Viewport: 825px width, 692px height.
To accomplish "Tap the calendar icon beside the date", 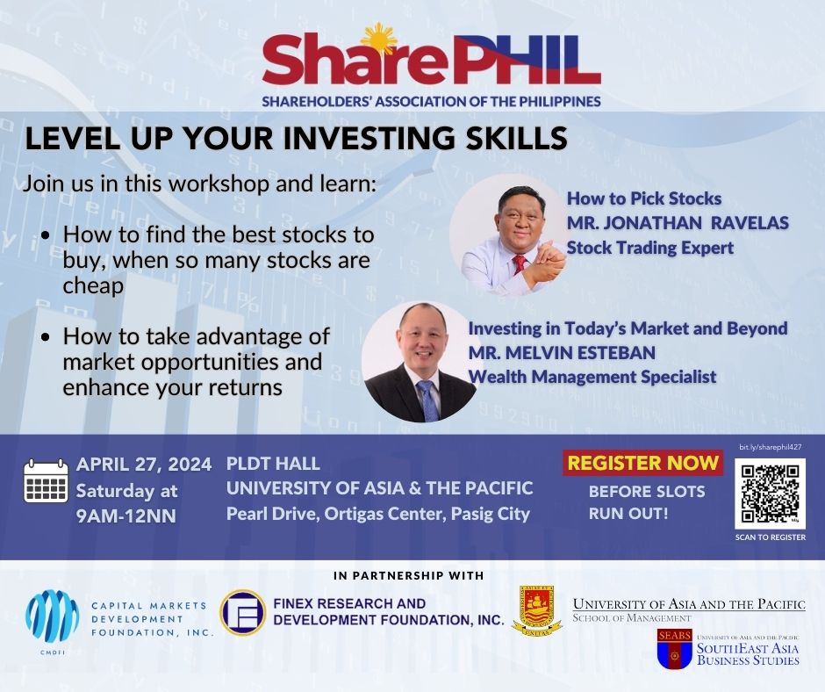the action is [47, 481].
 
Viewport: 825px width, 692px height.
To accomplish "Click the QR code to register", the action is [770, 494].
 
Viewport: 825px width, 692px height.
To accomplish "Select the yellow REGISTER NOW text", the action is [643, 463].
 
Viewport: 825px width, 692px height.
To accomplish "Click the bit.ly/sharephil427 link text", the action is [771, 447].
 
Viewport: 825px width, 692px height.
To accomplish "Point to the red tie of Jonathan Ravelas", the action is [520, 263].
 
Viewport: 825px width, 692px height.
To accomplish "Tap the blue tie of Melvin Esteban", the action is [427, 400].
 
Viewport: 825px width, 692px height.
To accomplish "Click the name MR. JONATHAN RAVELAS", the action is [678, 223].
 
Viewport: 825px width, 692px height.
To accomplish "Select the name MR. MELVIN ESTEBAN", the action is [562, 352].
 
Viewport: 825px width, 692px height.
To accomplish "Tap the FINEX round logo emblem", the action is [242, 612].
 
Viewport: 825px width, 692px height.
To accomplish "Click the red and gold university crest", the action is [536, 610].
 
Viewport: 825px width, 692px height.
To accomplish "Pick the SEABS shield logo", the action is [675, 649].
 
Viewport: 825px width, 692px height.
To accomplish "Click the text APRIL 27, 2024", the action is [144, 465].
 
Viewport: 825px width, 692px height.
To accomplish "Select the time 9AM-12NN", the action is [126, 516].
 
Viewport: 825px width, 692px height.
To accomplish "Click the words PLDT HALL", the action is [273, 464].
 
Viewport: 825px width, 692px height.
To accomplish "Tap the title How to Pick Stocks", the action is [644, 198].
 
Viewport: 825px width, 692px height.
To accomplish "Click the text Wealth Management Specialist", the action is [592, 377].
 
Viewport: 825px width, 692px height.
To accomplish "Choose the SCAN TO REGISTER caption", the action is [771, 537].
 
